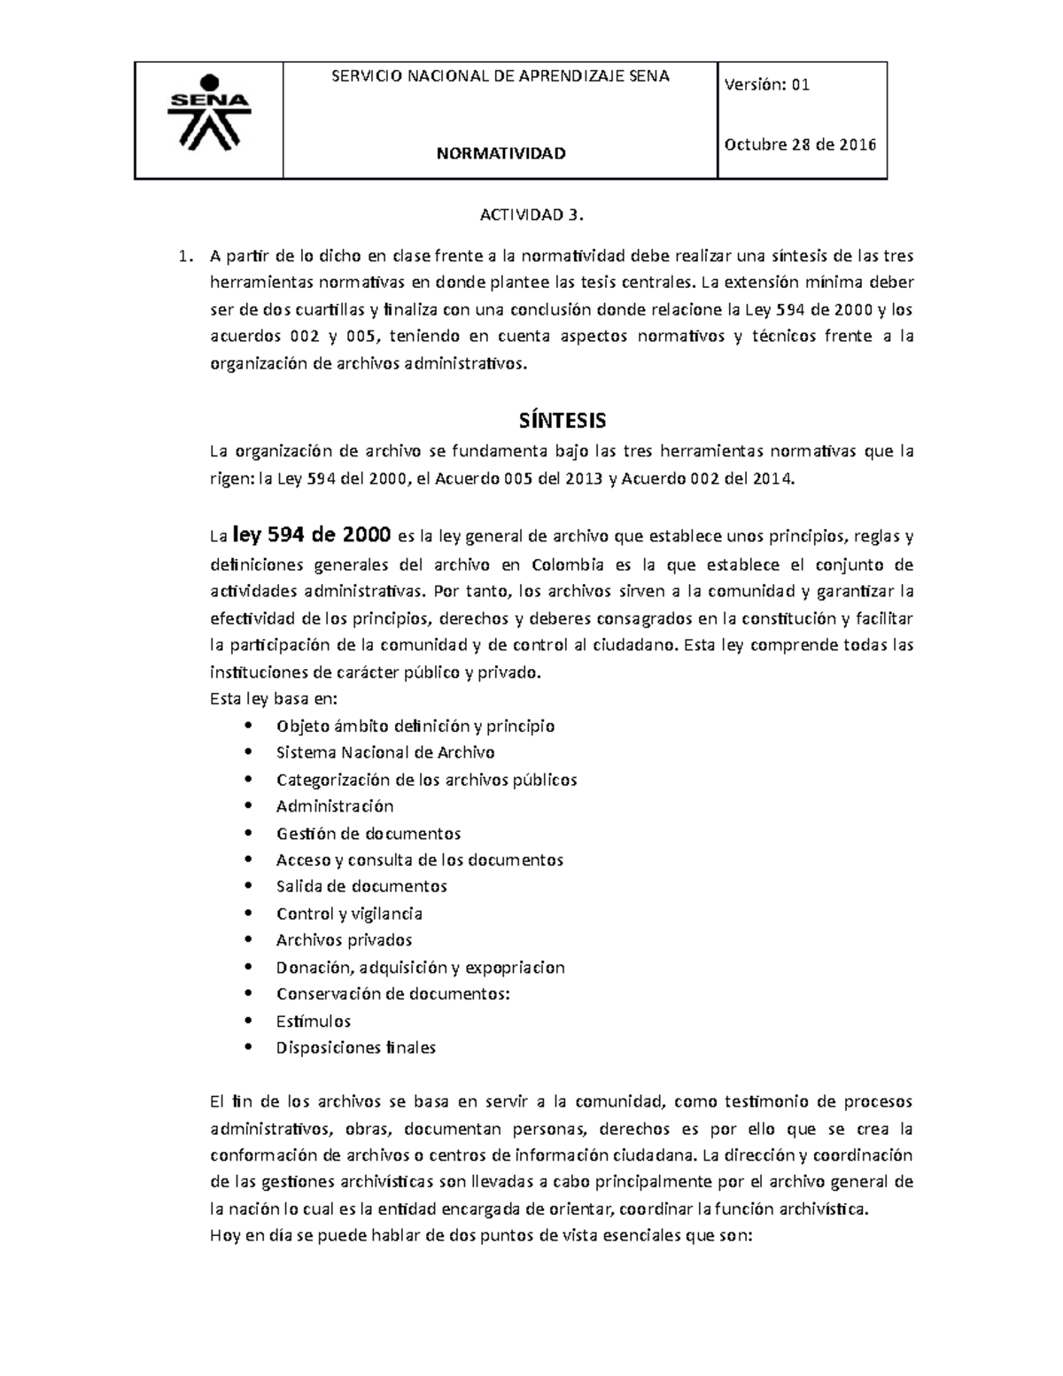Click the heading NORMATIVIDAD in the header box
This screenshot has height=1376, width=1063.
pos(500,154)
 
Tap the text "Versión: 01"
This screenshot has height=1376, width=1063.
pos(766,85)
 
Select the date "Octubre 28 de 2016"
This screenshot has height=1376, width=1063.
pos(800,145)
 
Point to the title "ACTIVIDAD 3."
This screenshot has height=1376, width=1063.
pos(532,215)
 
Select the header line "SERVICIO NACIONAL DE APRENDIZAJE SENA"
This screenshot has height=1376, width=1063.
pos(500,76)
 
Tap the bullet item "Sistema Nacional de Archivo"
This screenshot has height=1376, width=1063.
pos(385,753)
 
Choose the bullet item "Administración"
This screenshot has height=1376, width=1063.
pos(335,806)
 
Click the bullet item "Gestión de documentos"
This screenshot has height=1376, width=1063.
pos(369,834)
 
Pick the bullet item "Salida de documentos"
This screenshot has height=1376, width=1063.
pos(361,887)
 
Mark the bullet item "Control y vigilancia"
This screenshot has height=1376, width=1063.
pos(349,913)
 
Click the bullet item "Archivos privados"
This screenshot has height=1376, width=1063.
pos(344,940)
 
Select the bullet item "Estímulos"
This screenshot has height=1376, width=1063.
pos(314,1021)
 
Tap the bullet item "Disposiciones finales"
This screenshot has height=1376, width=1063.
pos(356,1048)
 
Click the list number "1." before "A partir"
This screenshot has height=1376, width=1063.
pos(184,257)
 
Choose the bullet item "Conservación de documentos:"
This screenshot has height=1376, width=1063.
pos(393,994)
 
